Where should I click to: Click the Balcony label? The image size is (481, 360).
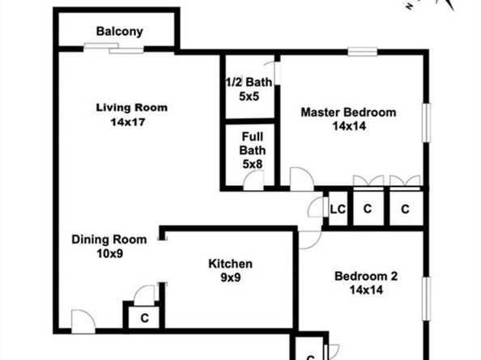pyautogui.click(x=119, y=32)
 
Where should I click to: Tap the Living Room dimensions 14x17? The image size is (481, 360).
pyautogui.click(x=128, y=122)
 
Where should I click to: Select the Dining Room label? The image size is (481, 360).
pyautogui.click(x=109, y=239)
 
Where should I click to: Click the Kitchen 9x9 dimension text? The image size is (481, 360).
pyautogui.click(x=231, y=277)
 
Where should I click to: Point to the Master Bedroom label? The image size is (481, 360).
pyautogui.click(x=348, y=112)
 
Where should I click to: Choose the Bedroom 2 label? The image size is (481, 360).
pyautogui.click(x=366, y=276)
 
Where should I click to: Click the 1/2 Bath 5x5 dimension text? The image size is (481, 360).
pyautogui.click(x=249, y=96)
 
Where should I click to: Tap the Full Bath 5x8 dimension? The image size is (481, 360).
pyautogui.click(x=253, y=164)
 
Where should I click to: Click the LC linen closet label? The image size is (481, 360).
pyautogui.click(x=338, y=210)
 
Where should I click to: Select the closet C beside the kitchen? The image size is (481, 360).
pyautogui.click(x=144, y=318)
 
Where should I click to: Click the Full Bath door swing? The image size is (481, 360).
pyautogui.click(x=253, y=180)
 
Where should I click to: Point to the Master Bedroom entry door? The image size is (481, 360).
pyautogui.click(x=301, y=179)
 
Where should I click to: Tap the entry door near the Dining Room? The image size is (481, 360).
pyautogui.click(x=83, y=321)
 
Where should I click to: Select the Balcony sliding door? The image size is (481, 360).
pyautogui.click(x=114, y=48)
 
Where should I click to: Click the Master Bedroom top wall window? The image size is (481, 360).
pyautogui.click(x=363, y=52)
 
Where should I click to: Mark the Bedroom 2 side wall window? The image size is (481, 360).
pyautogui.click(x=426, y=299)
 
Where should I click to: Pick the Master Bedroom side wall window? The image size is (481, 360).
pyautogui.click(x=426, y=123)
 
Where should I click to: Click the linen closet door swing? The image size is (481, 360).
pyautogui.click(x=317, y=207)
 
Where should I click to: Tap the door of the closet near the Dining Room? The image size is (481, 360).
pyautogui.click(x=145, y=295)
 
